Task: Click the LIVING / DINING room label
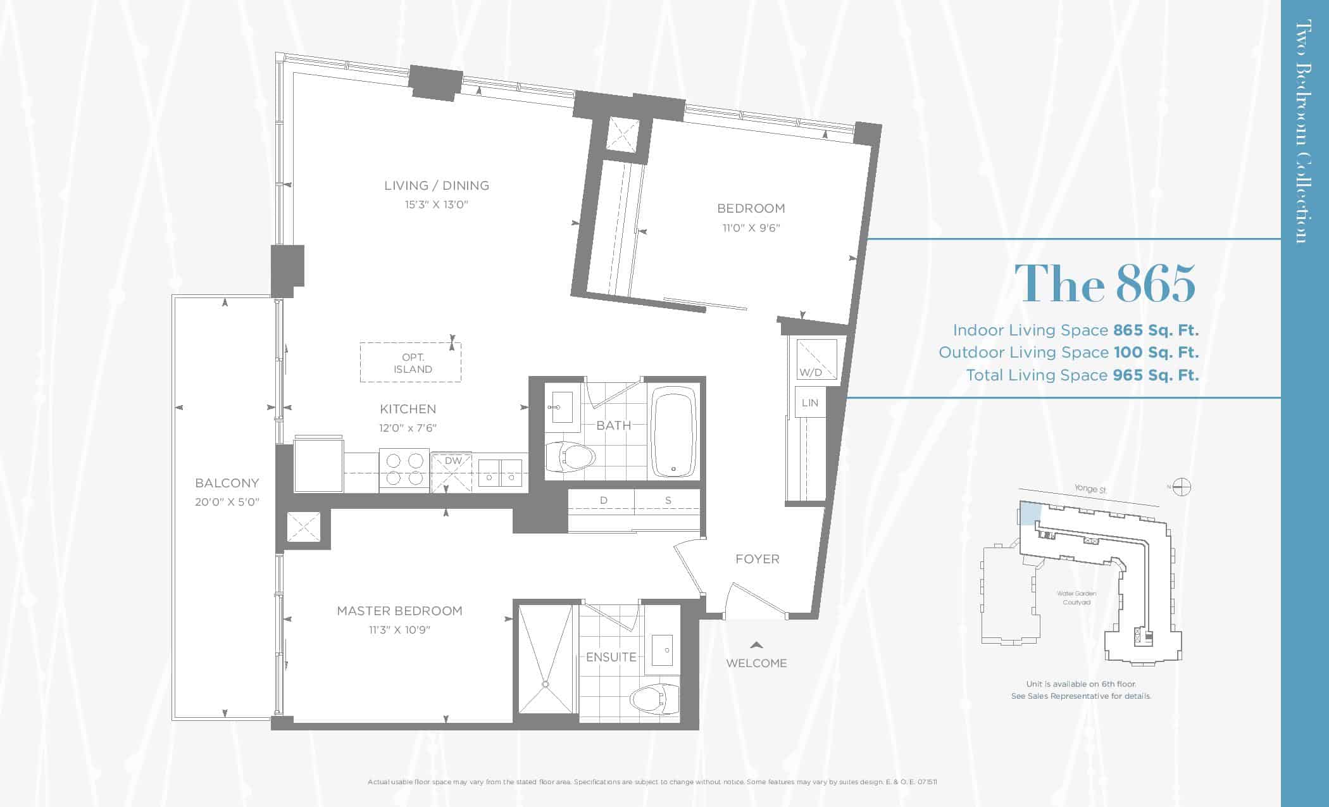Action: [437, 185]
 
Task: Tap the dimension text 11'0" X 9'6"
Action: [751, 228]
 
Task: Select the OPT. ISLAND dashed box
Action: [411, 363]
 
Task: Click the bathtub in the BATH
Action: [675, 432]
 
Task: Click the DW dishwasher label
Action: [453, 461]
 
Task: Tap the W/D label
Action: [811, 372]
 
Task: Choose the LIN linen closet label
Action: [810, 403]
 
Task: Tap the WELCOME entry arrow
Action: [756, 645]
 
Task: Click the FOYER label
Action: [758, 559]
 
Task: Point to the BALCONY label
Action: [227, 483]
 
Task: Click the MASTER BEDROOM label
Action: [399, 611]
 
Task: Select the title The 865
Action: [1106, 283]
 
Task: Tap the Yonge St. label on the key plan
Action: [1090, 489]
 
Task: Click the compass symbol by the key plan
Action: [1182, 487]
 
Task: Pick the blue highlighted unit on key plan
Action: [1029, 513]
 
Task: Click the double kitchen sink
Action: [500, 473]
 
